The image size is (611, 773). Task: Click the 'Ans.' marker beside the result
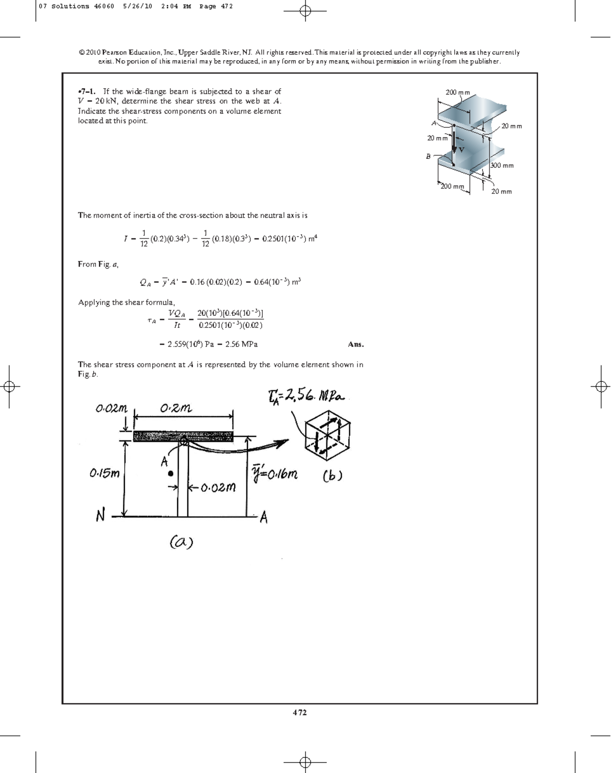355,344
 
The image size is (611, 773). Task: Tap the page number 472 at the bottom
299,712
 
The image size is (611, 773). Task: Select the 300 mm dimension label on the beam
502,166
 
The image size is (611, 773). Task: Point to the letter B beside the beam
428,156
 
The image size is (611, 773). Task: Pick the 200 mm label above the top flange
458,92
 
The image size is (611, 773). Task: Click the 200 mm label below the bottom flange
453,186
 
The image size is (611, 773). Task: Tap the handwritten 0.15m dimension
105,473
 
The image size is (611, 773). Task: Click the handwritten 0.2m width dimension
176,408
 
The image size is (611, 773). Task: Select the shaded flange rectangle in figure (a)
183,436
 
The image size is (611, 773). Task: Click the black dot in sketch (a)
171,473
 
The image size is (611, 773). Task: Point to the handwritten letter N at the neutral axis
100,516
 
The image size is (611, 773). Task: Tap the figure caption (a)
181,542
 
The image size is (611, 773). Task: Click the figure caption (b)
332,475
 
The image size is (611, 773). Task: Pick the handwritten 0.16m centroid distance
275,474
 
